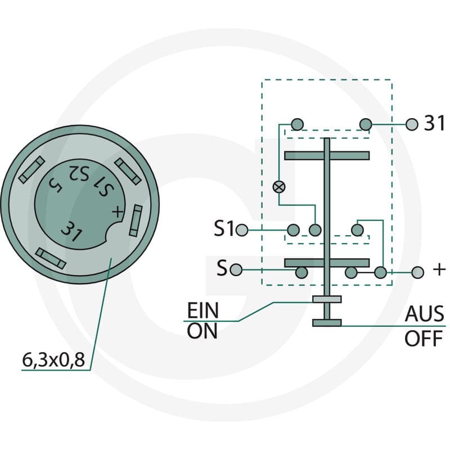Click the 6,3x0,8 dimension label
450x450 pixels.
pos(53,360)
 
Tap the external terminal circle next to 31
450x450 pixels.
pos(412,124)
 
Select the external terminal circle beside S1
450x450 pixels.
pos(242,230)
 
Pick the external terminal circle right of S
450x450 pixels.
pos(236,270)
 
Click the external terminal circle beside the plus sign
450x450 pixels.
pos(417,272)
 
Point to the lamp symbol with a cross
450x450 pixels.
pos(278,187)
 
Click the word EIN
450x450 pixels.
pos(203,310)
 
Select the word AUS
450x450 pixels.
pos(425,314)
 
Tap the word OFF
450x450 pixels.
pos(424,339)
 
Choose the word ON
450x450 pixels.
pos(202,331)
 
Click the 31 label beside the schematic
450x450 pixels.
pos(434,123)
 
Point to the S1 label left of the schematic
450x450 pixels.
pos(224,228)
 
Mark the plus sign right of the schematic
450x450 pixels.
pos(439,270)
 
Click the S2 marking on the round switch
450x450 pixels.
pos(79,173)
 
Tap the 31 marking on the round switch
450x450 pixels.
pos(72,231)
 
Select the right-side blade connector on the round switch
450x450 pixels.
pos(136,220)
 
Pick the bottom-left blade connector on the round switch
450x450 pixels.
pos(51,259)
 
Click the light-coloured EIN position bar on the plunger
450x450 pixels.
pos(327,299)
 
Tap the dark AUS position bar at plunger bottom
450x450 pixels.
pos(327,323)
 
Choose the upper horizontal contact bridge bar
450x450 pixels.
pos(327,156)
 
